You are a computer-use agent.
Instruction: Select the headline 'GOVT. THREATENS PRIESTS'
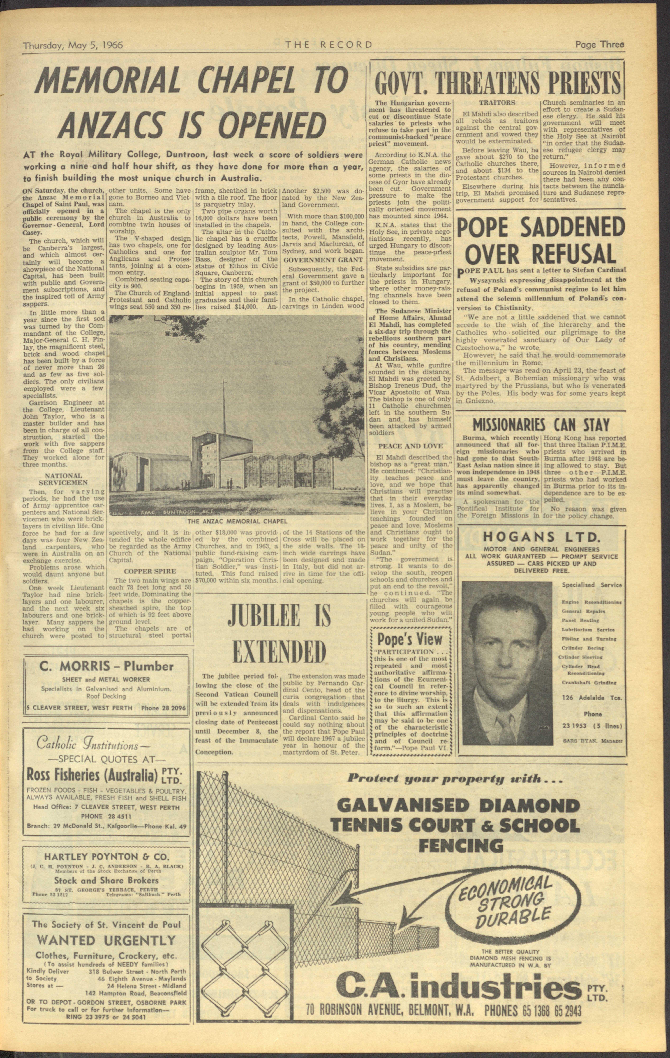[497, 82]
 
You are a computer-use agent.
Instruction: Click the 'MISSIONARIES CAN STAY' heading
[541, 424]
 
